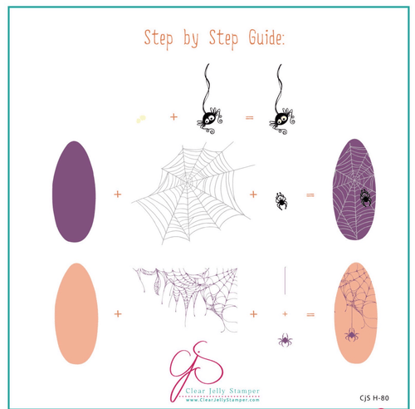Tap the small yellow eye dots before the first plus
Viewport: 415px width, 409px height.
pyautogui.click(x=140, y=118)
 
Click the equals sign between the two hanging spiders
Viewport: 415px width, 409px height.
pyautogui.click(x=247, y=117)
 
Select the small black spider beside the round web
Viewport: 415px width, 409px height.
pyautogui.click(x=281, y=201)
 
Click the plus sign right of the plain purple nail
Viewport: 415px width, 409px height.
pyautogui.click(x=118, y=195)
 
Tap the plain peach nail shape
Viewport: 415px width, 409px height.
pyautogui.click(x=74, y=313)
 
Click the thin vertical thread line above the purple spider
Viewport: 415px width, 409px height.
pyautogui.click(x=285, y=281)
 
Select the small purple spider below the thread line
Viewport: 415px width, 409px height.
pyautogui.click(x=285, y=339)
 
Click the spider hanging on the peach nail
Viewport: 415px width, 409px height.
pyautogui.click(x=352, y=334)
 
